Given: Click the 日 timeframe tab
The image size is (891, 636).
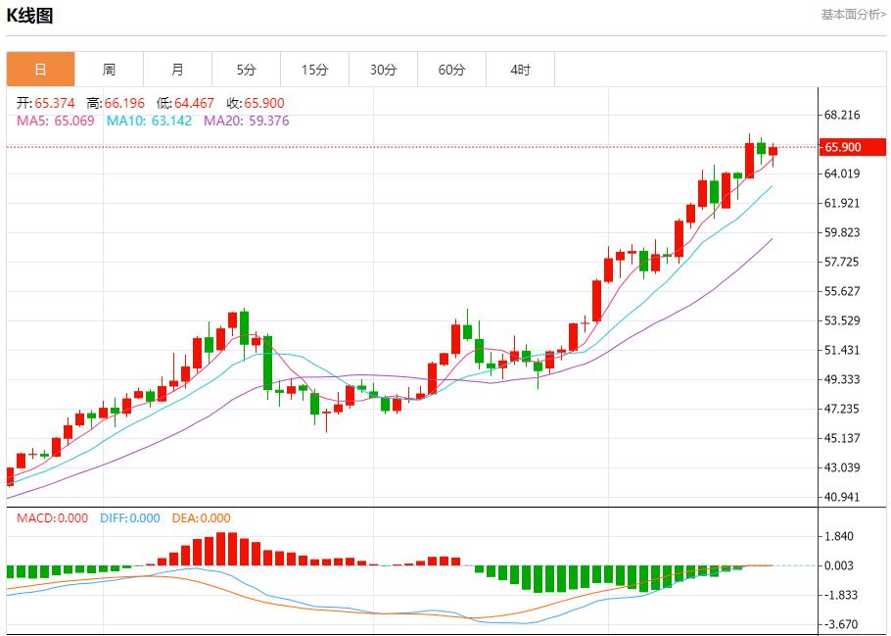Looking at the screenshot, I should tap(40, 70).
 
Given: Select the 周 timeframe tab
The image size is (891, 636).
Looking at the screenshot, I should tap(109, 70).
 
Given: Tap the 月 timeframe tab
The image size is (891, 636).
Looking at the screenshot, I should tap(177, 70).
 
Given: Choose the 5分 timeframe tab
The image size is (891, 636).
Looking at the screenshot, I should tap(246, 70).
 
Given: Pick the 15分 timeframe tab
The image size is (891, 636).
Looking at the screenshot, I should tap(314, 70).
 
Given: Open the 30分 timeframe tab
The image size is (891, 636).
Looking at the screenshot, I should tap(383, 70).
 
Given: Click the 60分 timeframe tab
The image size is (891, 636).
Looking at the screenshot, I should tap(451, 70).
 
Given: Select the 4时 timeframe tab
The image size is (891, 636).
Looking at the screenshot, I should tap(520, 70).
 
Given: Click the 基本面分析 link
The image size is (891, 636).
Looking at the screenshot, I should tap(853, 15).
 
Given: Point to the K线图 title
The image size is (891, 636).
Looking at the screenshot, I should tap(29, 16).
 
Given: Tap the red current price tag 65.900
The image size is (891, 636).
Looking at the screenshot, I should tap(854, 147).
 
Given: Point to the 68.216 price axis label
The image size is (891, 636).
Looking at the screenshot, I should tap(842, 115).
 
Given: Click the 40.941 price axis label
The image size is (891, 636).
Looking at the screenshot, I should tap(842, 497).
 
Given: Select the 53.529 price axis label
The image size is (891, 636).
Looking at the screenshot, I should tap(842, 320).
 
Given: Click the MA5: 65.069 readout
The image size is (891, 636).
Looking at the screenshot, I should tap(56, 121).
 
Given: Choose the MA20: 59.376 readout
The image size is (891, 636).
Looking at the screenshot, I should tap(246, 121).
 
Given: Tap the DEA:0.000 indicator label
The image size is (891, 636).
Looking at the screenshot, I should tap(201, 518).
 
